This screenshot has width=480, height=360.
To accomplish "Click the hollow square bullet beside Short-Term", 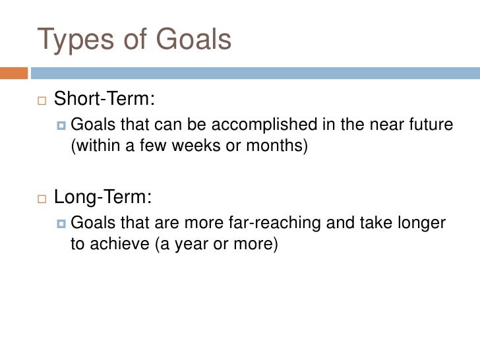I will click(x=42, y=100).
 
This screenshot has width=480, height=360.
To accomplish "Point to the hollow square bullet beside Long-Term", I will click(x=42, y=198).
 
